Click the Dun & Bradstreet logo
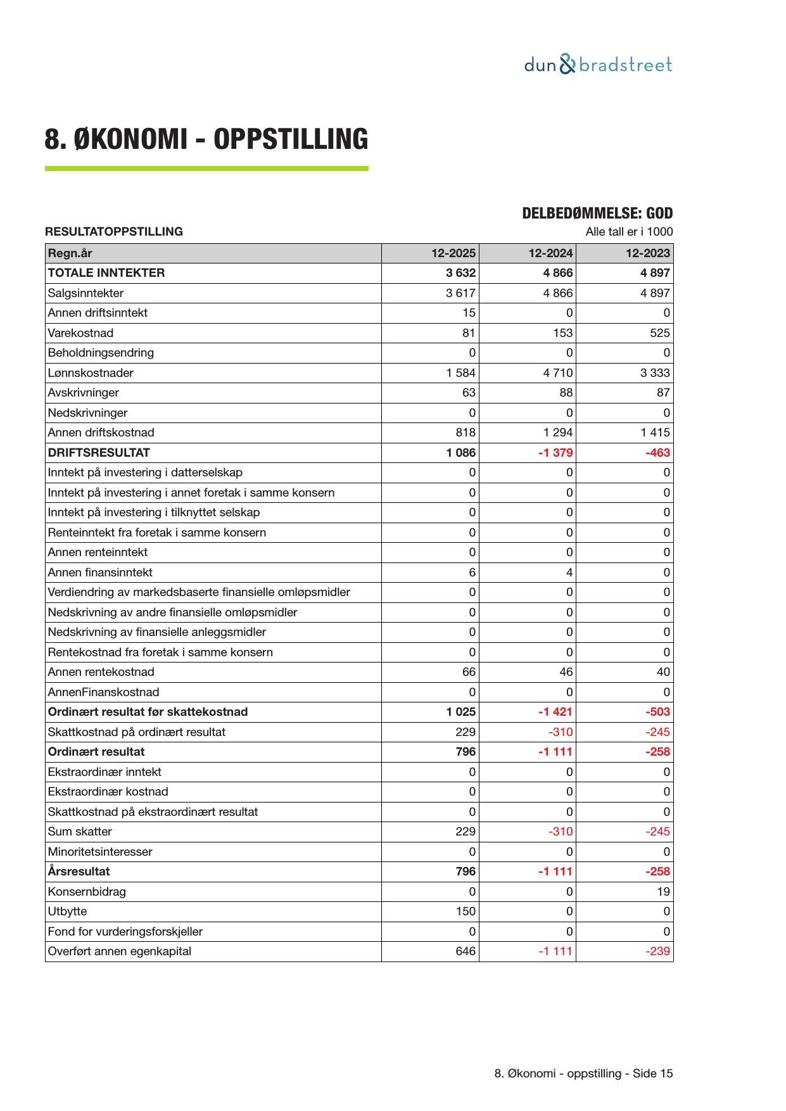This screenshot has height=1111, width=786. (598, 65)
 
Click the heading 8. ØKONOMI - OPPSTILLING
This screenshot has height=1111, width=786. (206, 139)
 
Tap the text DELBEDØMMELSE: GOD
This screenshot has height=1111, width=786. (597, 213)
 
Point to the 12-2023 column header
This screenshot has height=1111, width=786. (647, 253)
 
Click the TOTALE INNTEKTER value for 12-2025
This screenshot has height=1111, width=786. (460, 273)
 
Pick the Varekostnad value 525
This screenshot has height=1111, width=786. (659, 333)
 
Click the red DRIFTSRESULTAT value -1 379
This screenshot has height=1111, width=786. (555, 453)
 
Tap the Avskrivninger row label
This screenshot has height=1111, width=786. (83, 393)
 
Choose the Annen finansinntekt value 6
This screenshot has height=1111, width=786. (472, 573)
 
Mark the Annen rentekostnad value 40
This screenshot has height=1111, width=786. (663, 672)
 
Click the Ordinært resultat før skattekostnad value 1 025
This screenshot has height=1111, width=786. (460, 712)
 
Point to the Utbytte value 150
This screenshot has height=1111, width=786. (466, 911)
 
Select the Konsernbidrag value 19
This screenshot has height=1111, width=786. (663, 892)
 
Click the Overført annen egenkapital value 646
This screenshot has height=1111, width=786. (466, 951)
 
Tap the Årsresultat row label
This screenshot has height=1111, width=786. (79, 872)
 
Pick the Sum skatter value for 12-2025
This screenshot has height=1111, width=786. (466, 832)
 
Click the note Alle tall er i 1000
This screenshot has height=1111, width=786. (629, 232)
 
